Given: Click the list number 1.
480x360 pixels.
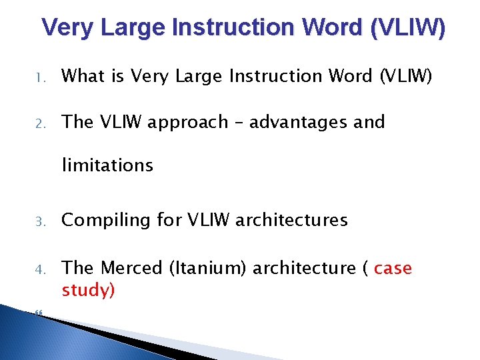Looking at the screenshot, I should pyautogui.click(x=39, y=78).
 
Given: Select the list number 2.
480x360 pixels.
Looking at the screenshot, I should pyautogui.click(x=39, y=123).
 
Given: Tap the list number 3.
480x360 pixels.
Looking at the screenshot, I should pyautogui.click(x=39, y=221).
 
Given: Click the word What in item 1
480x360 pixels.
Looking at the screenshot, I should pyautogui.click(x=83, y=77).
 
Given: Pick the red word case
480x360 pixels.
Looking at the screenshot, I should pyautogui.click(x=393, y=269).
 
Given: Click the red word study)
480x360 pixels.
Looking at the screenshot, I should pyautogui.click(x=89, y=291).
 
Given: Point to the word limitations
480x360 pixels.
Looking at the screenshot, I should pyautogui.click(x=107, y=165).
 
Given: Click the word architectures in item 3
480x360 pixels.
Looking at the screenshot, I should pyautogui.click(x=292, y=221).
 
